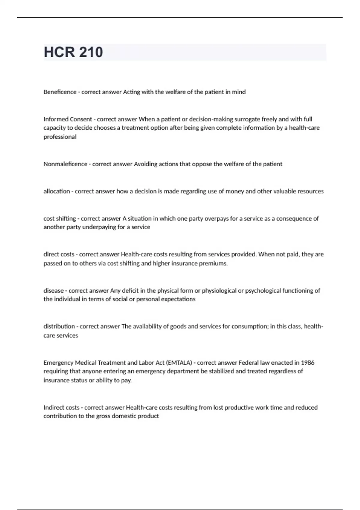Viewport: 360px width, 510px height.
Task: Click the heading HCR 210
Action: click(73, 52)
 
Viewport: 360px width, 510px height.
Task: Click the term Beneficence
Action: click(60, 92)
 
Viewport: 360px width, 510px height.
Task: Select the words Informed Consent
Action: click(67, 119)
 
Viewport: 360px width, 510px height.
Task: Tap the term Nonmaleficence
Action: click(65, 164)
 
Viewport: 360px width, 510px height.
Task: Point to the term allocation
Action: click(56, 191)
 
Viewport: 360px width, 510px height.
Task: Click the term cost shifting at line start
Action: click(59, 218)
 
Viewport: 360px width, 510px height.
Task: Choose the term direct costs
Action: click(58, 254)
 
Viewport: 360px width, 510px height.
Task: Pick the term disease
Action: click(53, 290)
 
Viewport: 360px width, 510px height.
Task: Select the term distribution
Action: click(59, 326)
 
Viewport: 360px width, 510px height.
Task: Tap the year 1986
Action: click(307, 362)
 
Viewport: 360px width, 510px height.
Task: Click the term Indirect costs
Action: click(61, 407)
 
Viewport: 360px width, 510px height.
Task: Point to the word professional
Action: click(60, 137)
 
